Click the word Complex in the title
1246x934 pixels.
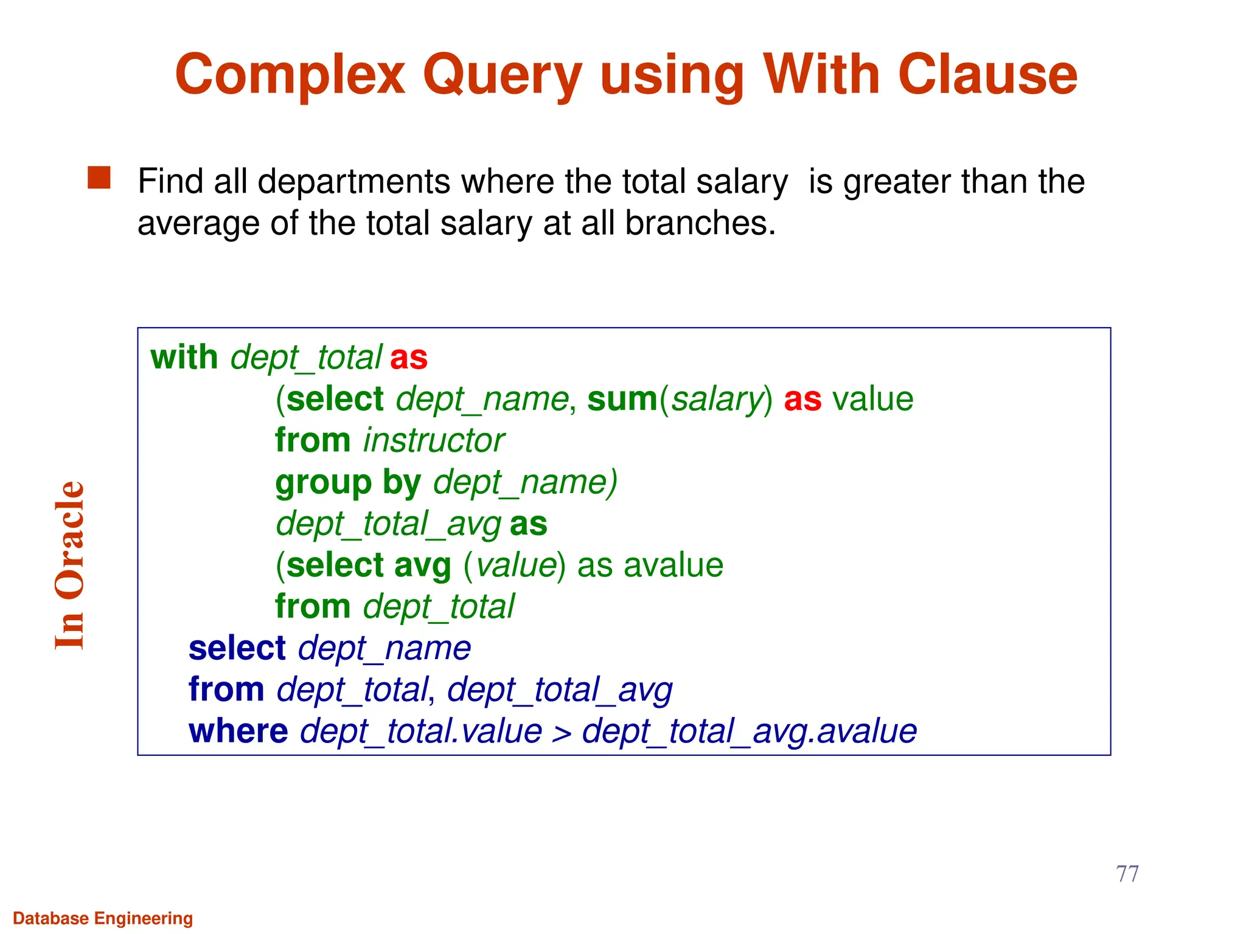(x=290, y=75)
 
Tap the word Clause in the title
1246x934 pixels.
(x=987, y=75)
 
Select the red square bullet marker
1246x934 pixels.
(x=99, y=179)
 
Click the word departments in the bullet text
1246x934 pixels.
(x=354, y=182)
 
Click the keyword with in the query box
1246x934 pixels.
(x=184, y=358)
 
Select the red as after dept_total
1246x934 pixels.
(x=408, y=358)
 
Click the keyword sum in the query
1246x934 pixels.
(x=622, y=400)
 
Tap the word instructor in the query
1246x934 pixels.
(x=433, y=441)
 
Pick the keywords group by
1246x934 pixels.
(x=348, y=483)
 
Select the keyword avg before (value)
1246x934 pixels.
(x=422, y=566)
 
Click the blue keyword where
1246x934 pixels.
(x=238, y=732)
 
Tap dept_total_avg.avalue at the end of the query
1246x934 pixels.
(x=749, y=732)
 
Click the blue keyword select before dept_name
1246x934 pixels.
(x=237, y=648)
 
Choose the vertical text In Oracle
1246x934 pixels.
(x=69, y=566)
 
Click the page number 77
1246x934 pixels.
(x=1127, y=874)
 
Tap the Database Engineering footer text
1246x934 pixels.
(x=103, y=918)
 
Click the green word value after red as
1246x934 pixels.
(x=872, y=400)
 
